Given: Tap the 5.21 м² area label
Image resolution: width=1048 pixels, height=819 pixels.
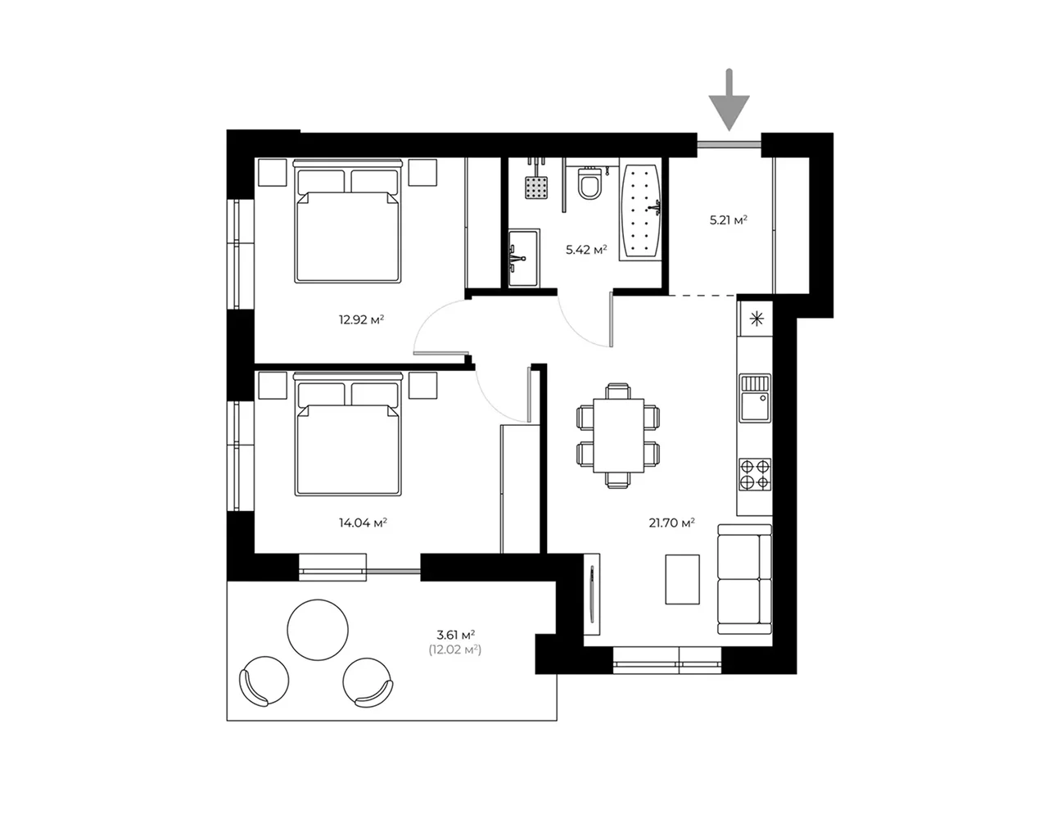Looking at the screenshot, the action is tap(728, 220).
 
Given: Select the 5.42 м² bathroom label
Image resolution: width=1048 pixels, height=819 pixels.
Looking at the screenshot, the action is tap(586, 250).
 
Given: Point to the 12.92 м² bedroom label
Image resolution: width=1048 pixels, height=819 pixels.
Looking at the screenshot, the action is tap(361, 319).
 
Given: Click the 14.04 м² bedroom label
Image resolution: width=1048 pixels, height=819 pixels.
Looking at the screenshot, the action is tap(363, 523).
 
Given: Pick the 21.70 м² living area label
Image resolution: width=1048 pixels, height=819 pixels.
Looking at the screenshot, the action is tap(671, 523).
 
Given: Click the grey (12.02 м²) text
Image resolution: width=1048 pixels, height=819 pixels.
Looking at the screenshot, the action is tap(455, 649).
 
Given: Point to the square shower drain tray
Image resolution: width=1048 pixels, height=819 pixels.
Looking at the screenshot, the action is tap(537, 187).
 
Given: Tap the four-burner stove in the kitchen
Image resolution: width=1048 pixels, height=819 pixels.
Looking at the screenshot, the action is tap(755, 474).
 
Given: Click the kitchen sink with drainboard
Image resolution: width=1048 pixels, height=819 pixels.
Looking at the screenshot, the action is tap(755, 398).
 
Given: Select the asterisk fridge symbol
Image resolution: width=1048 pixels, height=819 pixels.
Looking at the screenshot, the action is tap(757, 319).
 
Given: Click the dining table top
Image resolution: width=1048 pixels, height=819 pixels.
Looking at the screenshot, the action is tap(619, 436).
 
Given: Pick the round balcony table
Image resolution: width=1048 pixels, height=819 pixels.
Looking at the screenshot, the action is tap(318, 630).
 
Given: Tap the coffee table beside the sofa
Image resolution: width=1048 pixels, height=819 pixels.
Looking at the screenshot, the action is tap(683, 579).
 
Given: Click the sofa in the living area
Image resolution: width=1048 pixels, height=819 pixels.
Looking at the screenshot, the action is tap(744, 579).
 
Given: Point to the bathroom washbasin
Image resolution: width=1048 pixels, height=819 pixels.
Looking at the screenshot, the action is tap(524, 258).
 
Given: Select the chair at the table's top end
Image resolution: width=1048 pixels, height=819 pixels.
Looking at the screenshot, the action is tap(618, 391).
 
